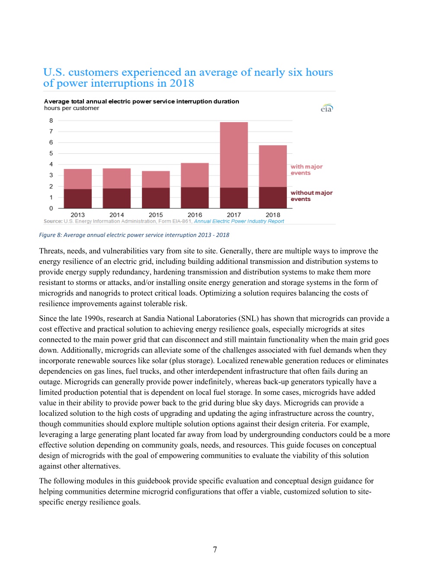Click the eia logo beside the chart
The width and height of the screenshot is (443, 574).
click(327, 108)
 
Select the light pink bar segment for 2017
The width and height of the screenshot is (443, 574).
click(234, 155)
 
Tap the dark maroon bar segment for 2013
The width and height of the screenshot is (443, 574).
click(78, 199)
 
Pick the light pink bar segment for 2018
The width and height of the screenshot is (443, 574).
click(273, 166)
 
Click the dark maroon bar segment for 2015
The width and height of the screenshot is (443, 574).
click(156, 198)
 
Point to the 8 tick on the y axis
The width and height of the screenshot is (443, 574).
click(51, 121)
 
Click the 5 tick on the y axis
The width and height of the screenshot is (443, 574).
click(51, 153)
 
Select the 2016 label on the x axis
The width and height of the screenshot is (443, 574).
click(195, 215)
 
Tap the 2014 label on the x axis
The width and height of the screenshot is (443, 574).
click(117, 215)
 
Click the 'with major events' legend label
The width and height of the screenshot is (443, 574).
click(306, 170)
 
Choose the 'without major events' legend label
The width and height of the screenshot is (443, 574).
click(311, 196)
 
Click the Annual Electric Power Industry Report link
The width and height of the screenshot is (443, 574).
click(239, 221)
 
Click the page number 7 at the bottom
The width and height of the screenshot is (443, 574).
click(215, 550)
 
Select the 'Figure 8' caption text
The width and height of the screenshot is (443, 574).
click(134, 235)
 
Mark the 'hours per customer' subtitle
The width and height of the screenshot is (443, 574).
click(71, 108)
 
